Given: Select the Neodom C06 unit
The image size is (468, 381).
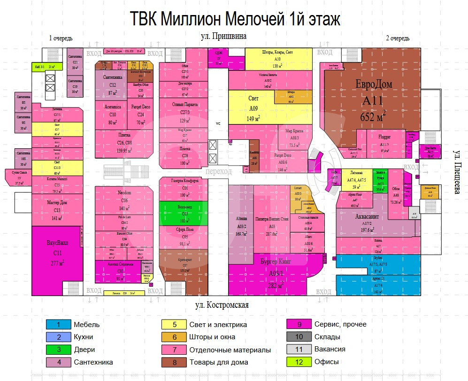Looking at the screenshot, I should coord(124,200).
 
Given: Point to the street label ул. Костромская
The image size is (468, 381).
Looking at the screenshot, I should coord(222,305).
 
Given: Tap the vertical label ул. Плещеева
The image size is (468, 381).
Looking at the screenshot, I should coord(458,172).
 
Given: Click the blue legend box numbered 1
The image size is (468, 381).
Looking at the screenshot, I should coord(58,324).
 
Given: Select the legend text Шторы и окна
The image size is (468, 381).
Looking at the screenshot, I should coord(212,337).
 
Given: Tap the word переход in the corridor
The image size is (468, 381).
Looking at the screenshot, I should coord(218,171).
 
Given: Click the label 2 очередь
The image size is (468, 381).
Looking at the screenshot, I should coord(397,38).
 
